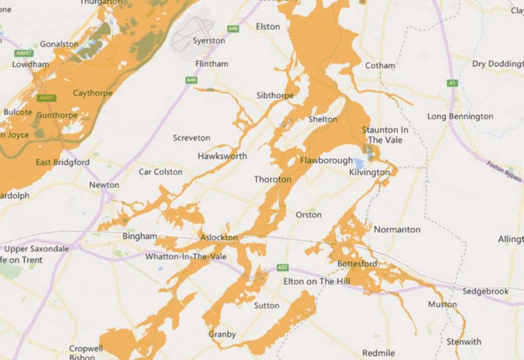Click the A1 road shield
[452, 83]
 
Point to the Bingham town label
[139, 236]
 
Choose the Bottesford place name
[357, 264]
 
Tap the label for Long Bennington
[460, 117]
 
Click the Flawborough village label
[326, 161]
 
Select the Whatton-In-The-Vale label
[186, 257]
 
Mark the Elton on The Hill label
[317, 281]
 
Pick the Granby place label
[222, 334]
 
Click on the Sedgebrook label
[486, 291]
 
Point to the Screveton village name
[191, 138]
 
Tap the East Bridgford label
[62, 162]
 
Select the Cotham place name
[380, 65]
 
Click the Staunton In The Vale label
[385, 135]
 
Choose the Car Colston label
[160, 171]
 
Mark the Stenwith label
[463, 342]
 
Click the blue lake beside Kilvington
[359, 164]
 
